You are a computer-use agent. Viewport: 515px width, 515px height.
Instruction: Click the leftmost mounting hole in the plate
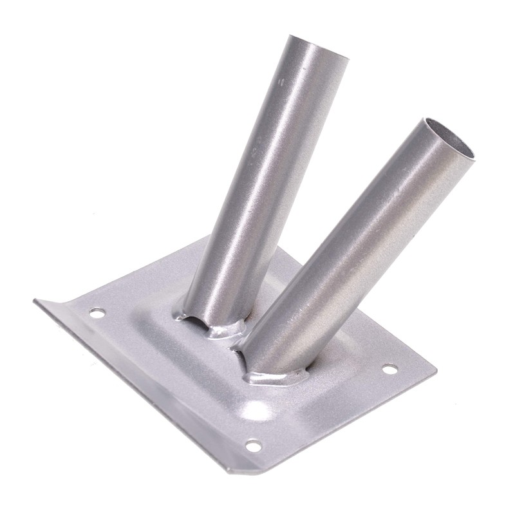[x=97, y=313]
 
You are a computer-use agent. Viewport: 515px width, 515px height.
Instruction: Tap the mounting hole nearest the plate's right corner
[x=390, y=369]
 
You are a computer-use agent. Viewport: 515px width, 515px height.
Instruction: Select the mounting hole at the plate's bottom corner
[x=254, y=445]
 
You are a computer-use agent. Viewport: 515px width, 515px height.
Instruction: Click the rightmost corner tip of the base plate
[x=436, y=371]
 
